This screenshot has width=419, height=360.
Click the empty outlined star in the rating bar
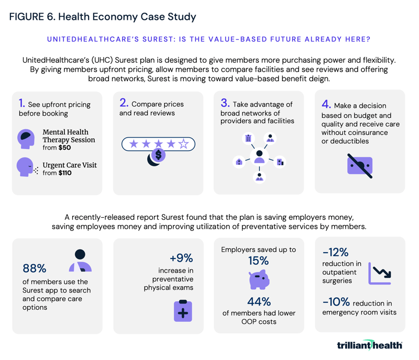point(184,143)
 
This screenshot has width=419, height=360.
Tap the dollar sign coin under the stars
point(157,154)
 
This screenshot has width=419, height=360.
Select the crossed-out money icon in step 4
point(360,166)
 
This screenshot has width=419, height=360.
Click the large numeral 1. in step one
point(22,104)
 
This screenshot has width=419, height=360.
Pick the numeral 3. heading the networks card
point(225,104)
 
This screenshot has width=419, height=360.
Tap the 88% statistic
point(35,268)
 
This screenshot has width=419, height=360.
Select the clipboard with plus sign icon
point(183,310)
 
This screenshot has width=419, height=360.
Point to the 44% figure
point(259,302)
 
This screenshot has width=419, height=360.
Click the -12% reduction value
point(336,252)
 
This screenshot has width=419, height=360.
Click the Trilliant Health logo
point(369,345)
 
